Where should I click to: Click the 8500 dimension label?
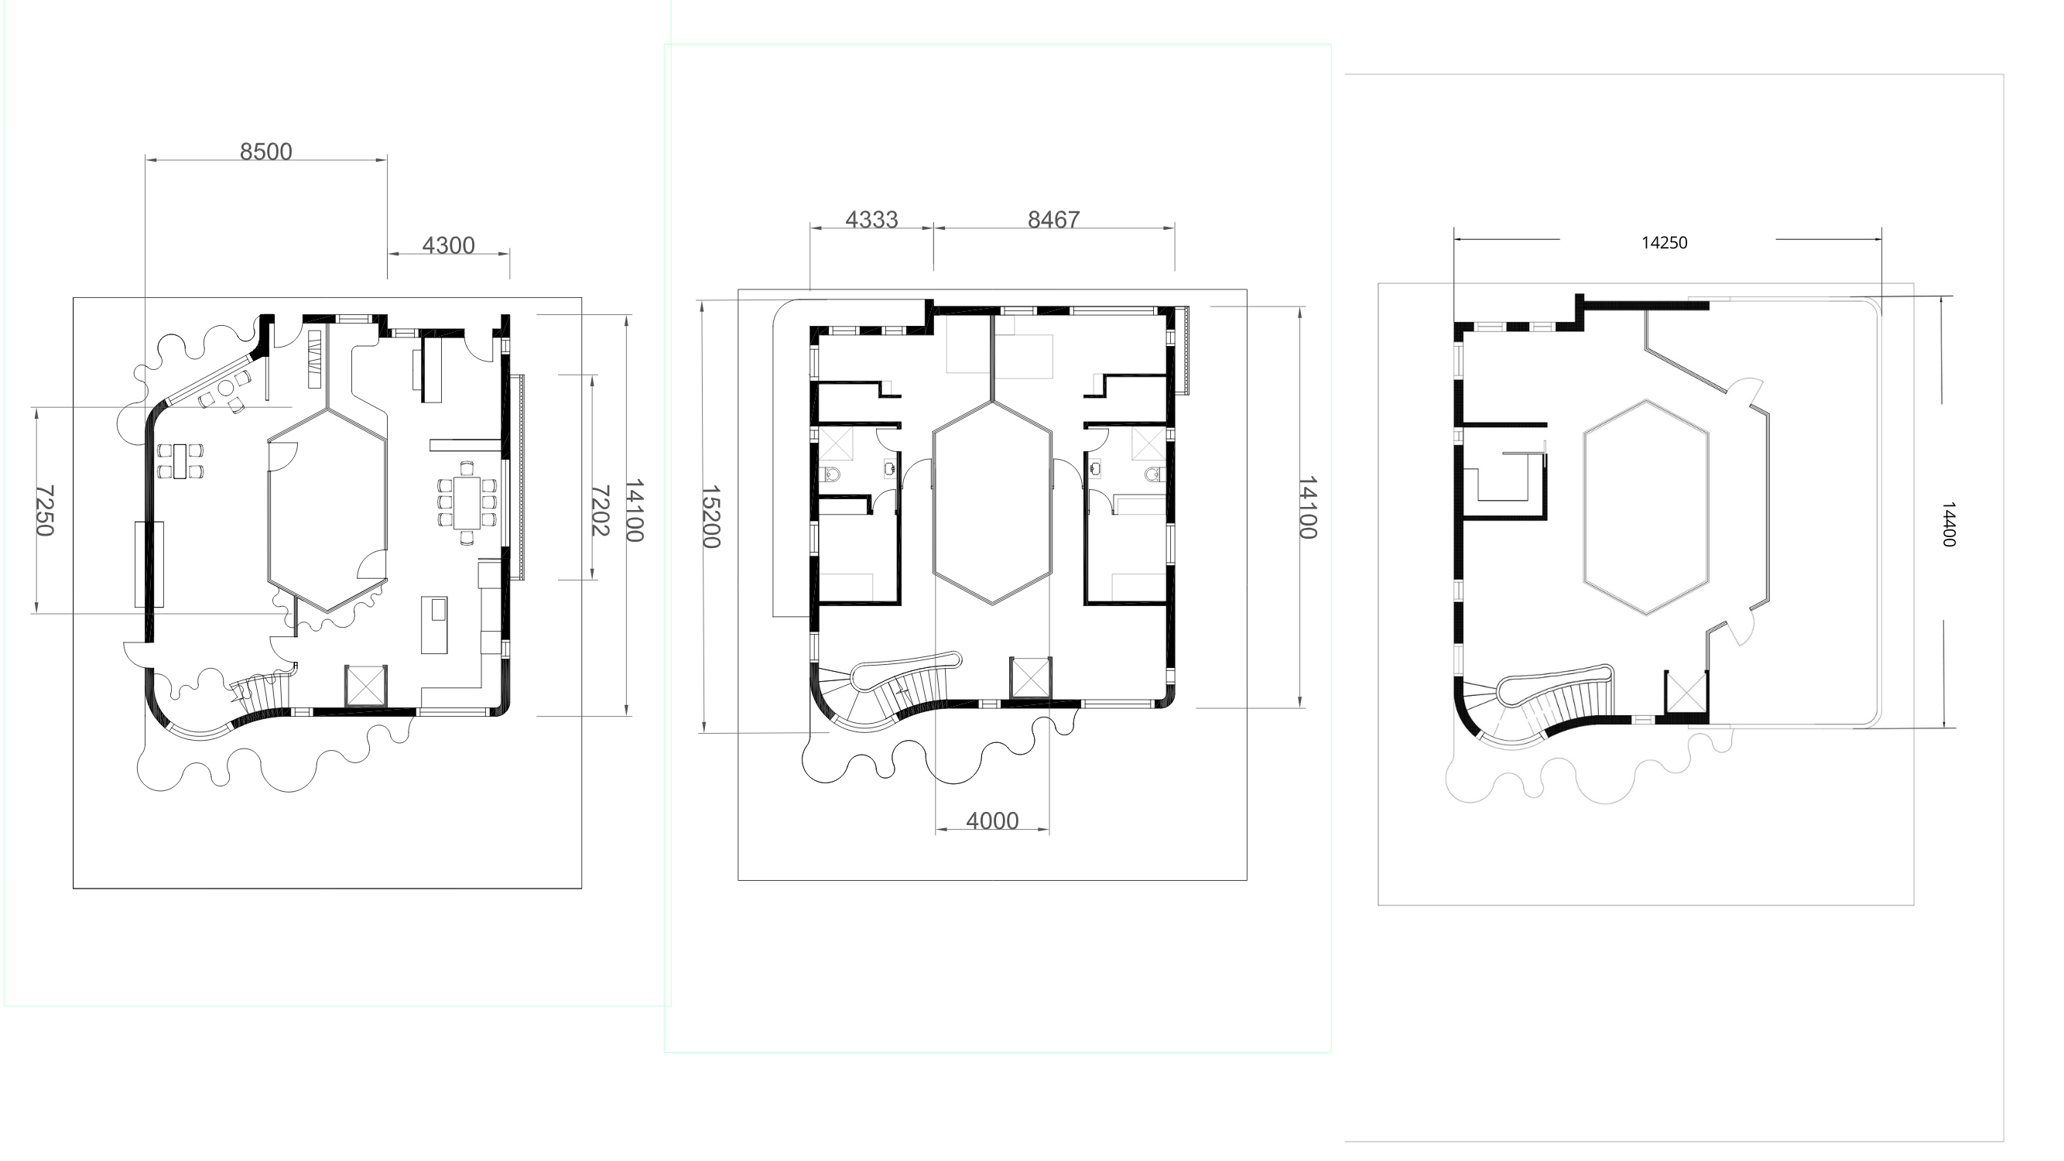point(266,152)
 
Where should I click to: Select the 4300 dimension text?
point(449,245)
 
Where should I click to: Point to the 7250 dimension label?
point(45,510)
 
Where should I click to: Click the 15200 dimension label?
point(710,517)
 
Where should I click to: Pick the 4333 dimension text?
point(871,220)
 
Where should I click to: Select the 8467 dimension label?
point(1053,220)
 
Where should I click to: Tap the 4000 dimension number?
point(993,820)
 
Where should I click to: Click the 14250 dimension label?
point(1664,243)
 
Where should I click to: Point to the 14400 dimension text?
point(1949,525)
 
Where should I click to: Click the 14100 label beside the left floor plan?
point(635,510)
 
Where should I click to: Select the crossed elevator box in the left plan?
point(366,686)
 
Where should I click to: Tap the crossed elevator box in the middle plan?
point(1030,678)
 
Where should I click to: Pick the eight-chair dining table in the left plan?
point(467,502)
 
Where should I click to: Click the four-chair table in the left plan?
point(180,461)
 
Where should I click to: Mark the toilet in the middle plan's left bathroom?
point(833,474)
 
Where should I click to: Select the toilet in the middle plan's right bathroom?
point(1153,474)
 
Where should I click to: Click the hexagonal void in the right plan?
point(1646,507)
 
